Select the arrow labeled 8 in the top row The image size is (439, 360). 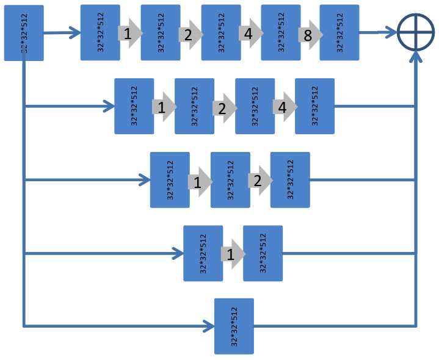309,35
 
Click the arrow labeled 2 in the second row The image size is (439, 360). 223,108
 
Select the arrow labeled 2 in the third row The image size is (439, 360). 259,181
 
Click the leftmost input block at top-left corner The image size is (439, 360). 24,33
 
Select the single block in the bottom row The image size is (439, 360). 234,326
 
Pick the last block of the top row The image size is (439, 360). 339,32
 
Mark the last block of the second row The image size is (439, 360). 314,106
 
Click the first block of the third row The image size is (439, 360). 170,180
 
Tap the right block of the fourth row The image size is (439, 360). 263,253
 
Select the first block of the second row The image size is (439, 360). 134,106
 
